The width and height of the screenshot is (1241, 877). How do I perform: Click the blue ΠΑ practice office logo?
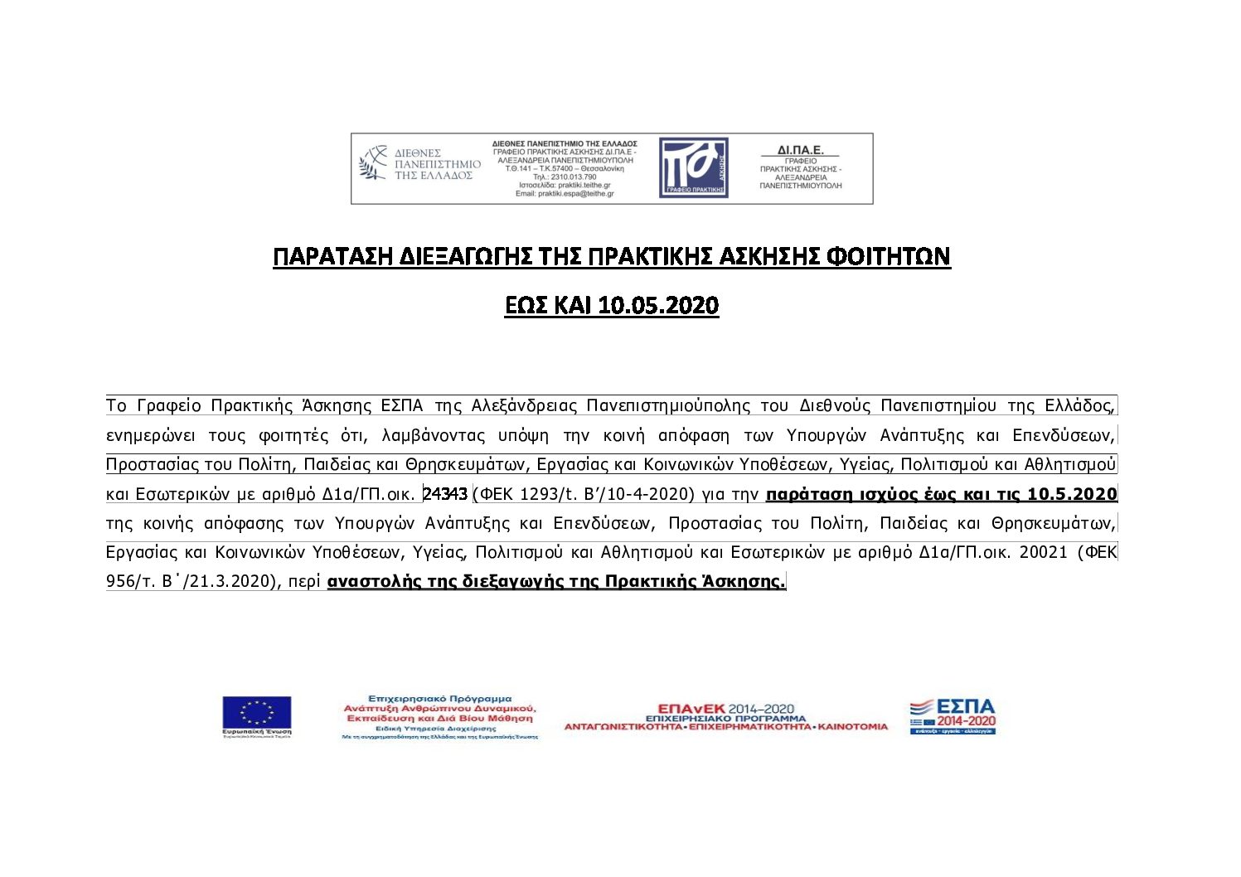click(693, 167)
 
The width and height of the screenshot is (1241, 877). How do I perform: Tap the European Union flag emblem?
click(256, 714)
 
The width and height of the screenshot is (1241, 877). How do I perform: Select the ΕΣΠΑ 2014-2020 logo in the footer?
click(953, 717)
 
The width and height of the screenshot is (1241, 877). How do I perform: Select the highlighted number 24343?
click(446, 494)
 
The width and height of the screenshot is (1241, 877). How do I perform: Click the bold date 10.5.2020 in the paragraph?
click(1072, 495)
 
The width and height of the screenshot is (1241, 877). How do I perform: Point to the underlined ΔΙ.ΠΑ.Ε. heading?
click(800, 151)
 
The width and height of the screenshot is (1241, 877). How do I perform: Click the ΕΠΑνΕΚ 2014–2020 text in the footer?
click(725, 709)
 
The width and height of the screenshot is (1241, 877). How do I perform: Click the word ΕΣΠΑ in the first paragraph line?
click(401, 406)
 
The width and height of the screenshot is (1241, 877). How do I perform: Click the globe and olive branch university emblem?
click(374, 163)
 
